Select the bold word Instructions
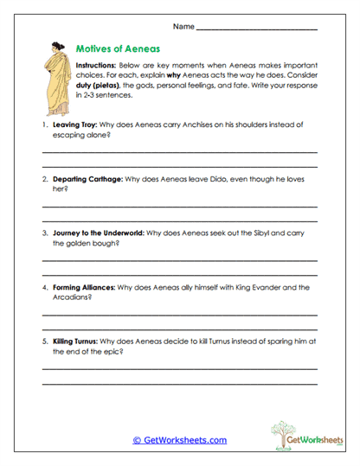coord(99,66)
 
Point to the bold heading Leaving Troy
coord(75,124)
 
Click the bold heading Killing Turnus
coord(78,342)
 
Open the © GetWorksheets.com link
coord(179,440)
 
